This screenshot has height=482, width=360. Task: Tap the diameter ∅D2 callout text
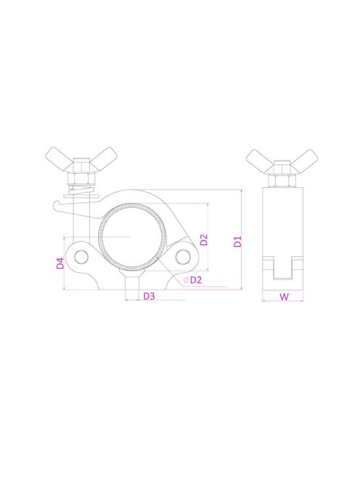click(x=192, y=279)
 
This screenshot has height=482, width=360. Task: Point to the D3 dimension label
click(x=149, y=296)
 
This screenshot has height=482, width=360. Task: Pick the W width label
click(x=284, y=297)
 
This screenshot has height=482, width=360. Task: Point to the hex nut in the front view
click(x=81, y=176)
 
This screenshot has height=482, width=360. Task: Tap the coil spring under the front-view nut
click(x=81, y=192)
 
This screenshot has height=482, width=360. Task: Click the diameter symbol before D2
click(x=187, y=280)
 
